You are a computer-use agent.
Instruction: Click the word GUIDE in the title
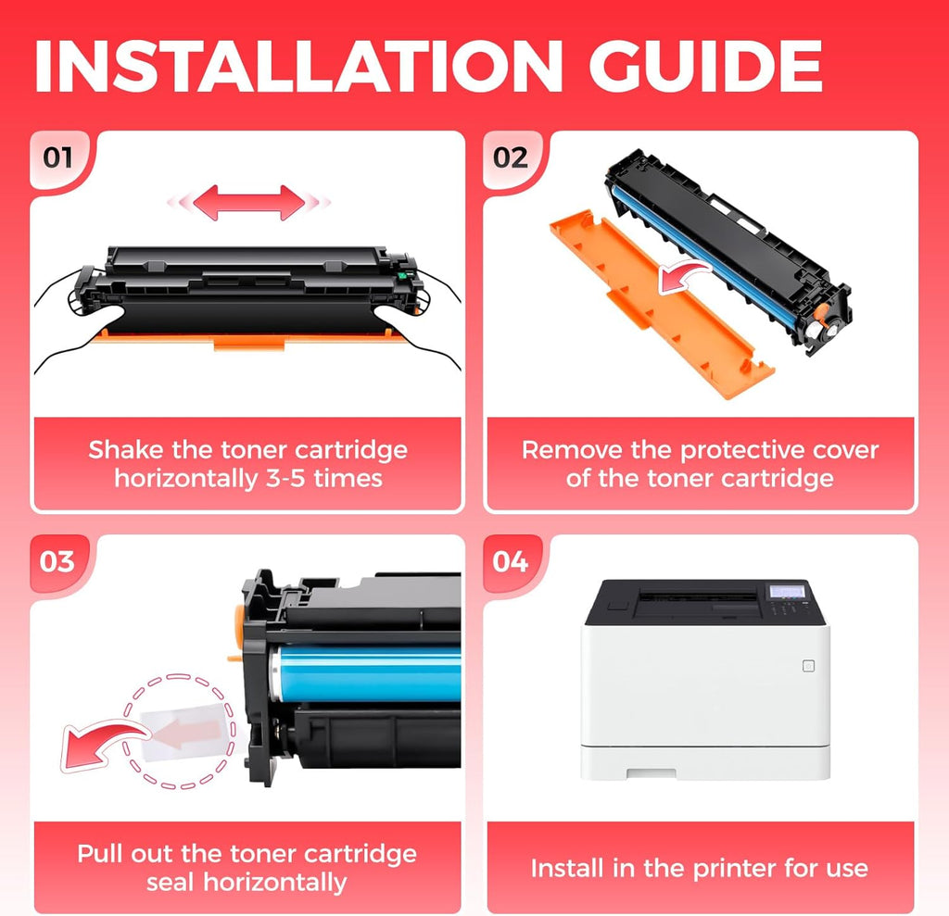(705, 66)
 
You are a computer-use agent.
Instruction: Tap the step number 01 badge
(57, 157)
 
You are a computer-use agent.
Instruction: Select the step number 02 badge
(511, 157)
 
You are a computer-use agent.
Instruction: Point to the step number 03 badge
(57, 561)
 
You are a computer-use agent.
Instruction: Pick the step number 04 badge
(511, 561)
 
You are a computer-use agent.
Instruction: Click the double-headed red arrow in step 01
(248, 203)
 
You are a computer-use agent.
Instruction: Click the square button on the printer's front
(808, 666)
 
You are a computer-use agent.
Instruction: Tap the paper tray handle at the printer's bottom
(652, 773)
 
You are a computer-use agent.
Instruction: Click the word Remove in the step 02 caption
(572, 450)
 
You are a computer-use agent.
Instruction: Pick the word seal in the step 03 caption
(171, 882)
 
